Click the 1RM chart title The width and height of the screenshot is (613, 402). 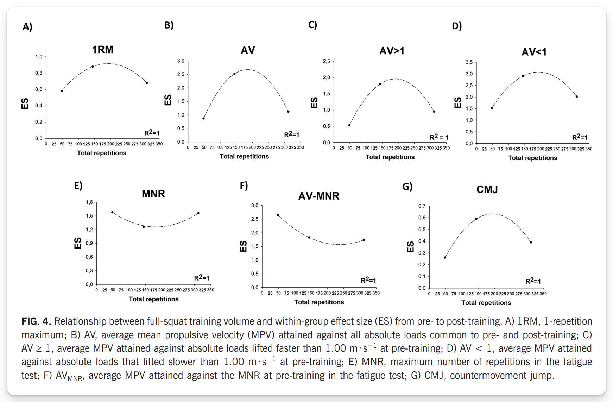click(x=103, y=50)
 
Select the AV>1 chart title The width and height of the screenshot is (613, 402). click(x=392, y=51)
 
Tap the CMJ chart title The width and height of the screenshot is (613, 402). click(x=487, y=190)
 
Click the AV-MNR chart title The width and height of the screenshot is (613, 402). click(x=319, y=196)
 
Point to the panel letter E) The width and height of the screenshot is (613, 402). click(x=78, y=186)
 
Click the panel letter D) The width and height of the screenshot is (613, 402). click(x=457, y=26)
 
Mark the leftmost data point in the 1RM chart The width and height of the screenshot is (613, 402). click(x=62, y=91)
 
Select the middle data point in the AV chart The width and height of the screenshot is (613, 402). click(x=234, y=74)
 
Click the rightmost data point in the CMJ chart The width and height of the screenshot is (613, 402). click(x=531, y=242)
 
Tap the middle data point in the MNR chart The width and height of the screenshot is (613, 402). click(x=144, y=227)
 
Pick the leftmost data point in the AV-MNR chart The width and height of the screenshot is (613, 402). click(x=278, y=215)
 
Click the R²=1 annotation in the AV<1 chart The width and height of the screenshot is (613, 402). click(x=580, y=137)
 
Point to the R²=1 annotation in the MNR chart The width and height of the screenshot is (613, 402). click(x=202, y=278)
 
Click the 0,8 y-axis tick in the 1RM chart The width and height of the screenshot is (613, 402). click(x=38, y=73)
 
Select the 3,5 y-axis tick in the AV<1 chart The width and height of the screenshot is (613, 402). click(x=469, y=62)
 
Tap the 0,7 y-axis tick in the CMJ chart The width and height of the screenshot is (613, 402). click(x=422, y=206)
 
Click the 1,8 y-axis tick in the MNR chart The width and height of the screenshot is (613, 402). click(x=89, y=202)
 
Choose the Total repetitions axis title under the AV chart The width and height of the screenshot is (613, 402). click(x=244, y=156)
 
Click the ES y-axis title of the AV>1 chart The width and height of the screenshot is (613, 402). click(x=314, y=103)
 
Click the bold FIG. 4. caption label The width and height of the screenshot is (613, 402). click(x=36, y=321)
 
